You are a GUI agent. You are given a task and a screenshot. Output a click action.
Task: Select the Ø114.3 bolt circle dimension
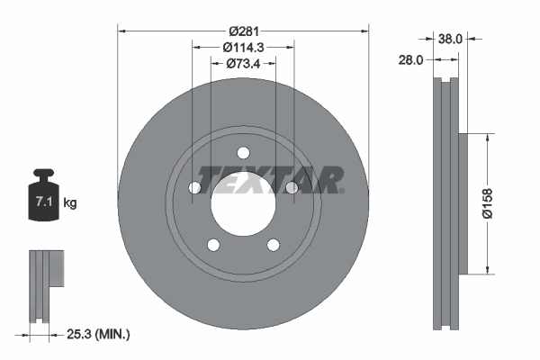click(x=243, y=45)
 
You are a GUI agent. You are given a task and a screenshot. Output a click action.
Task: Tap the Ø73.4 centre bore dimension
click(x=243, y=64)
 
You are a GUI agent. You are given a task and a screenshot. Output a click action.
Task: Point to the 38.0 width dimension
click(x=450, y=39)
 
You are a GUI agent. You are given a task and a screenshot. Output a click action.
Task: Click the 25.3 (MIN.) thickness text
click(x=98, y=335)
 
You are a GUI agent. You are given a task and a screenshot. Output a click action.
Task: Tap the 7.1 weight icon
click(x=43, y=198)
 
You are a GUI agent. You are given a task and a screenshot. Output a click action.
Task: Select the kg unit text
click(x=70, y=203)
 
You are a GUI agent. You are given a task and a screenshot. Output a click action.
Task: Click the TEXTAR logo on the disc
click(x=270, y=180)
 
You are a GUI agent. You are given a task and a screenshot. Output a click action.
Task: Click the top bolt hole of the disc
click(x=243, y=152)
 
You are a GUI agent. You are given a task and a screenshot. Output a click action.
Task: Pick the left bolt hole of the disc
click(x=194, y=188)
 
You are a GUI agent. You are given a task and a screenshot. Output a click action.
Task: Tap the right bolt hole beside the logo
click(x=292, y=187)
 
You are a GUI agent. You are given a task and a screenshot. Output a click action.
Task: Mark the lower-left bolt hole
click(x=213, y=245)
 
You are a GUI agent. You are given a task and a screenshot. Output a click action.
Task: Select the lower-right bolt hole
click(x=274, y=245)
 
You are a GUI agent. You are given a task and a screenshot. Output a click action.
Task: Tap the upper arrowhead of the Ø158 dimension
click(x=488, y=138)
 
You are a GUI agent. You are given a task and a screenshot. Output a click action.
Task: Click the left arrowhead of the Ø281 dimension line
click(x=122, y=31)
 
